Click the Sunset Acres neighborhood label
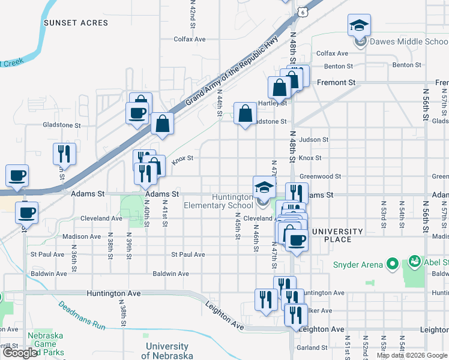76,23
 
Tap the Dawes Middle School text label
408,41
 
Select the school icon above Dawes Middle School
359,25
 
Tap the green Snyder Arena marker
393,263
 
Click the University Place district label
337,235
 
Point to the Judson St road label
314,140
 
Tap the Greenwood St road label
320,176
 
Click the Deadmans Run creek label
82,316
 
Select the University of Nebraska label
167,351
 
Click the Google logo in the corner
20,353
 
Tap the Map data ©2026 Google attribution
412,355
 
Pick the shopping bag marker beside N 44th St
245,113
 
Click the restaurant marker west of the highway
64,154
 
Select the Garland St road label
311,347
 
